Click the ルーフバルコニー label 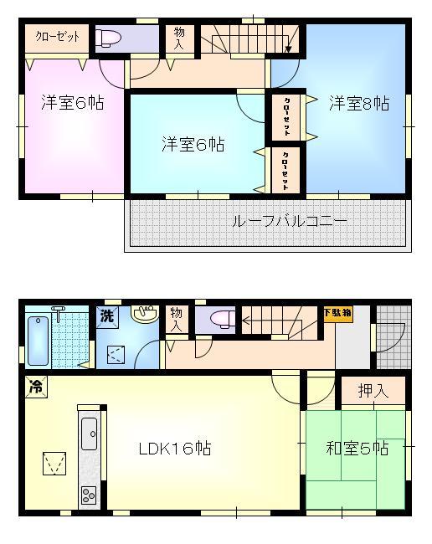pos(290,222)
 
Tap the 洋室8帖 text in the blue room pos(358,104)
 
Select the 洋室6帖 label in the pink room pos(73,104)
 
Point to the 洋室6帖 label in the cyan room pos(193,144)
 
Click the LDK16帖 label pos(174,449)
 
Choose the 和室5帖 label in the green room pos(357,449)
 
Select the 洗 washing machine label pos(107,316)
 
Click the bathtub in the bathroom pos(39,341)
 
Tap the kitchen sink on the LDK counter pos(89,434)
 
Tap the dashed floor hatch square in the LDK pos(54,461)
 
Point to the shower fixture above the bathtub pos(59,310)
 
